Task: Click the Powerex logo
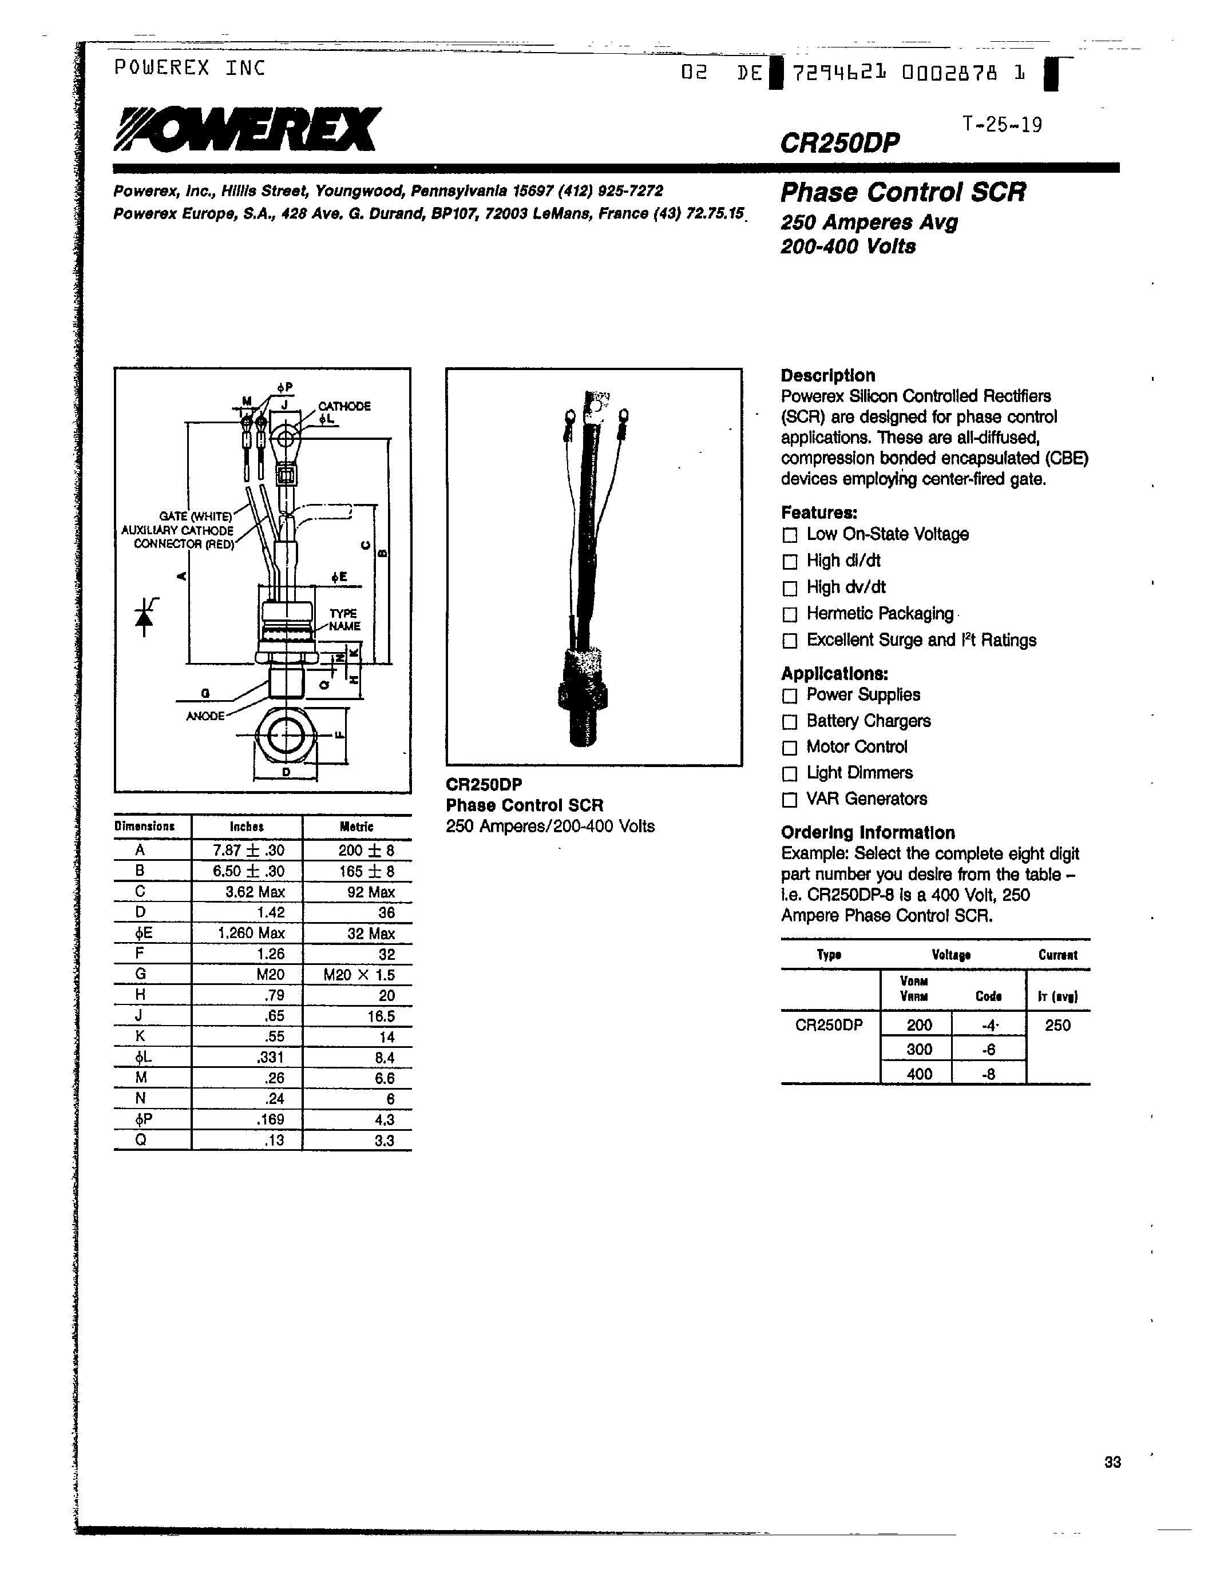pyautogui.click(x=245, y=130)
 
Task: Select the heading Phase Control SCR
pyautogui.click(x=902, y=192)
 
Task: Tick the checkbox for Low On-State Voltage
pyautogui.click(x=790, y=535)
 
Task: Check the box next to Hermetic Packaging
pyautogui.click(x=790, y=614)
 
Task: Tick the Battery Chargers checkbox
pyautogui.click(x=790, y=722)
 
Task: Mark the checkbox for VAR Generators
pyautogui.click(x=790, y=800)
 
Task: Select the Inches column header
pyautogui.click(x=247, y=827)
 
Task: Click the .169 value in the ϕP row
pyautogui.click(x=271, y=1119)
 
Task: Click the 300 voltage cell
pyautogui.click(x=918, y=1050)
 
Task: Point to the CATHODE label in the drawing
pyautogui.click(x=344, y=406)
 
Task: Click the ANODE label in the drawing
pyautogui.click(x=205, y=716)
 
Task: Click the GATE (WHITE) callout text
pyautogui.click(x=195, y=517)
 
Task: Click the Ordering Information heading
pyautogui.click(x=868, y=833)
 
